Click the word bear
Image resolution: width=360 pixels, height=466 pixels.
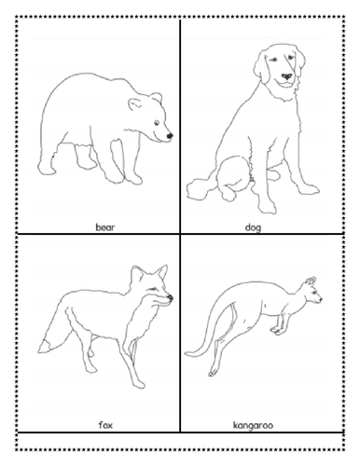pyautogui.click(x=104, y=226)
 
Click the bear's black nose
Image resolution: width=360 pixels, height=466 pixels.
pyautogui.click(x=170, y=136)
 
